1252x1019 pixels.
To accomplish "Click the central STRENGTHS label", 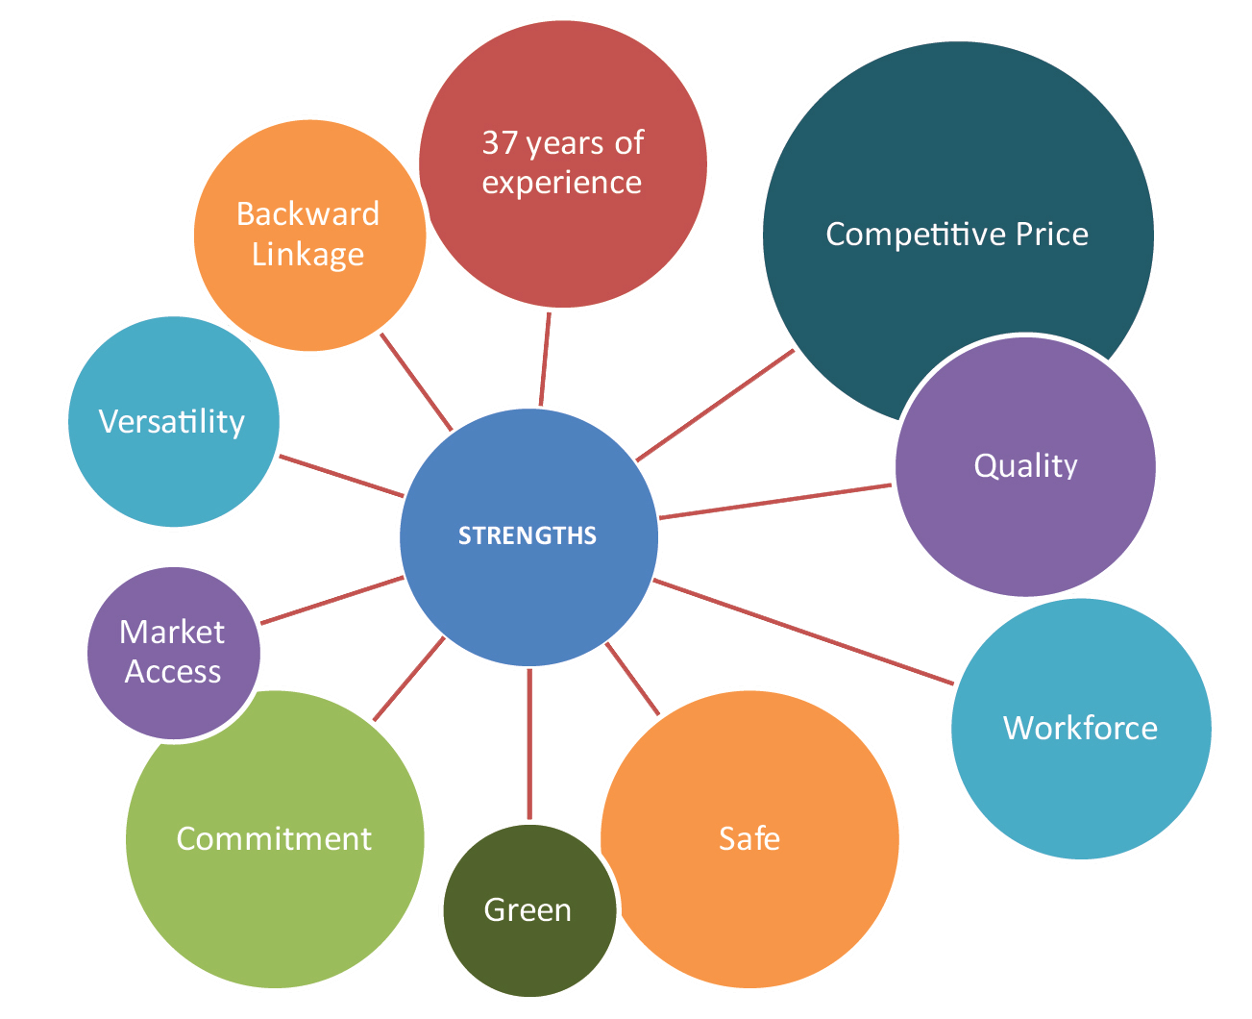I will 528,535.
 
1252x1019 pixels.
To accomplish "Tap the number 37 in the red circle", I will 501,143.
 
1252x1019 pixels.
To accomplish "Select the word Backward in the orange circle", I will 307,213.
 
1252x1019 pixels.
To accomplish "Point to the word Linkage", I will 307,254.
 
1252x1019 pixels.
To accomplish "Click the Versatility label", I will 172,422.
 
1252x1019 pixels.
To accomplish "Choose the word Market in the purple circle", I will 172,632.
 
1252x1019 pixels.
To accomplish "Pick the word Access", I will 173,671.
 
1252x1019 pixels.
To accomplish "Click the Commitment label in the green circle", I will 274,839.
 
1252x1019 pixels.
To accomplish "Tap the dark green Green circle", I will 528,909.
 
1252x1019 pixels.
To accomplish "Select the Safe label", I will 749,839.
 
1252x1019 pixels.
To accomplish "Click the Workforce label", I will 1080,728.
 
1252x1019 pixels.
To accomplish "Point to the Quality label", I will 1025,465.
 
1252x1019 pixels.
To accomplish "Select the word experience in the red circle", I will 562,183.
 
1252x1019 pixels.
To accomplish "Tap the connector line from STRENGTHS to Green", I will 528,745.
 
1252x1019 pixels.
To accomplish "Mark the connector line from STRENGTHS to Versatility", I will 341,476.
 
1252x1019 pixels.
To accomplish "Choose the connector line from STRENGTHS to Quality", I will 773,502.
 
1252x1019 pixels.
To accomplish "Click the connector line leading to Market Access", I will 331,600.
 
